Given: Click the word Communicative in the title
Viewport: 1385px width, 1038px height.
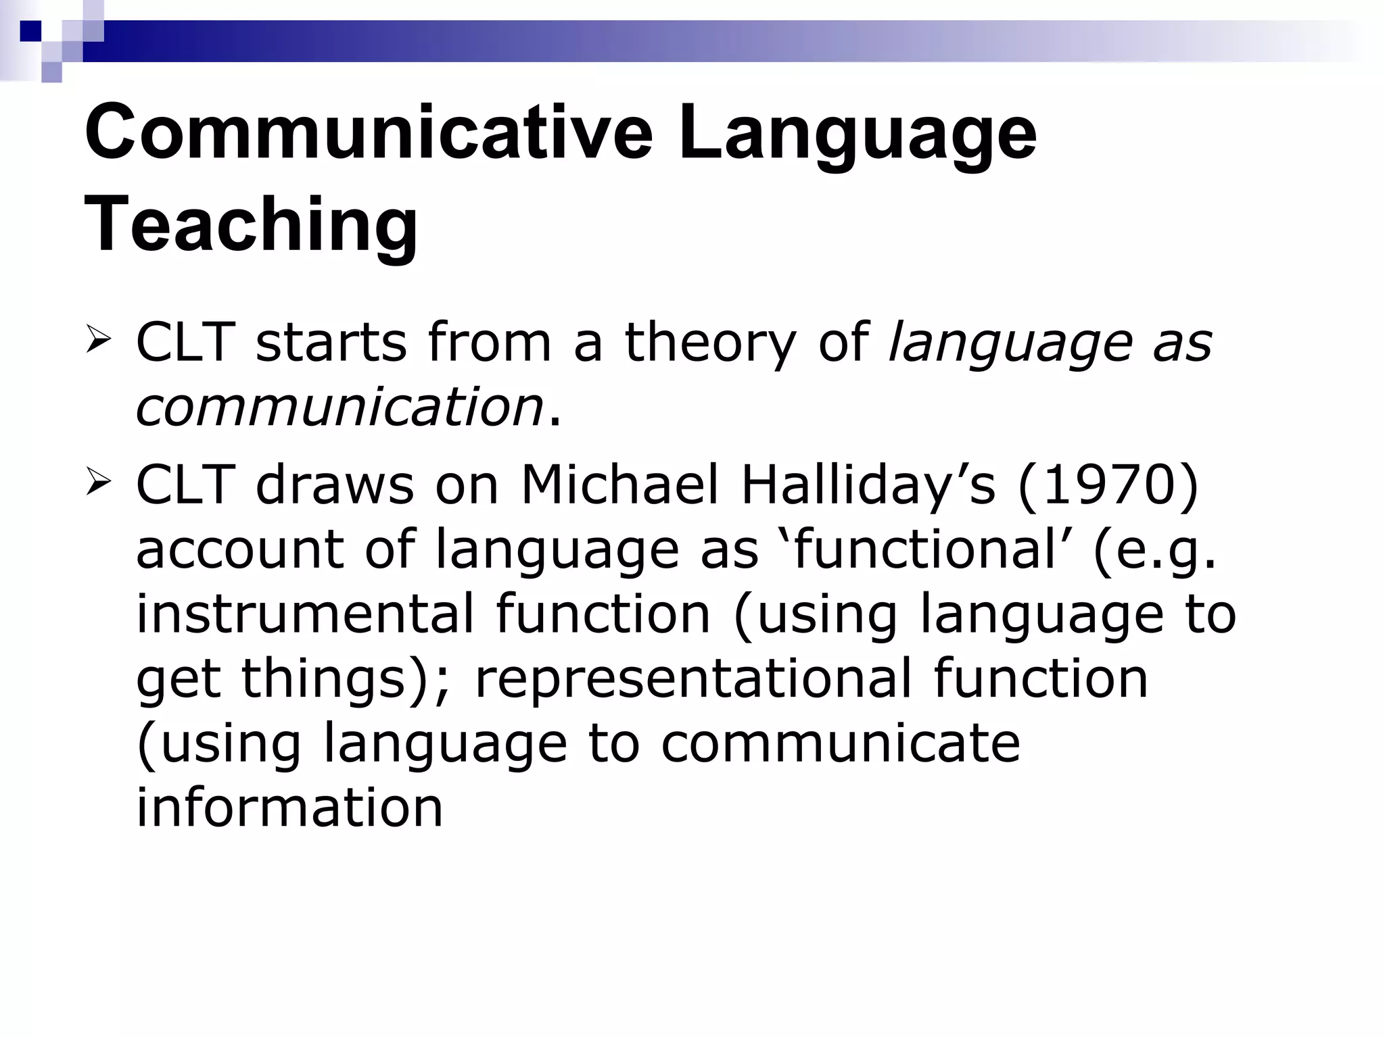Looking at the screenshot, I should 369,132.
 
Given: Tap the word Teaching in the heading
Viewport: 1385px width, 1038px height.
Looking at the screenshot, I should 251,224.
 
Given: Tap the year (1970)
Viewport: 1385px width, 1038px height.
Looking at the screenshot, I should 1108,485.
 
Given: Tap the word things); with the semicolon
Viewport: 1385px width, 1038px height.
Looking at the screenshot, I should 345,678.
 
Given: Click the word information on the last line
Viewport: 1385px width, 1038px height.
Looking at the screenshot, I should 289,808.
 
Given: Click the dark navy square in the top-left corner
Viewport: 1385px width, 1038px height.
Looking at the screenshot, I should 30,30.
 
